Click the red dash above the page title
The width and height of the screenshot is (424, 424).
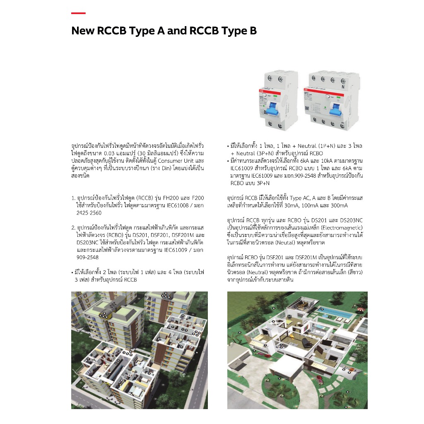coord(78,13)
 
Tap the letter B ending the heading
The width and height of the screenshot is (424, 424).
coord(253,31)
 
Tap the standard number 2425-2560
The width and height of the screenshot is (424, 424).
coord(89,213)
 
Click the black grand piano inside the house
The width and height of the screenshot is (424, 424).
coord(306,342)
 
